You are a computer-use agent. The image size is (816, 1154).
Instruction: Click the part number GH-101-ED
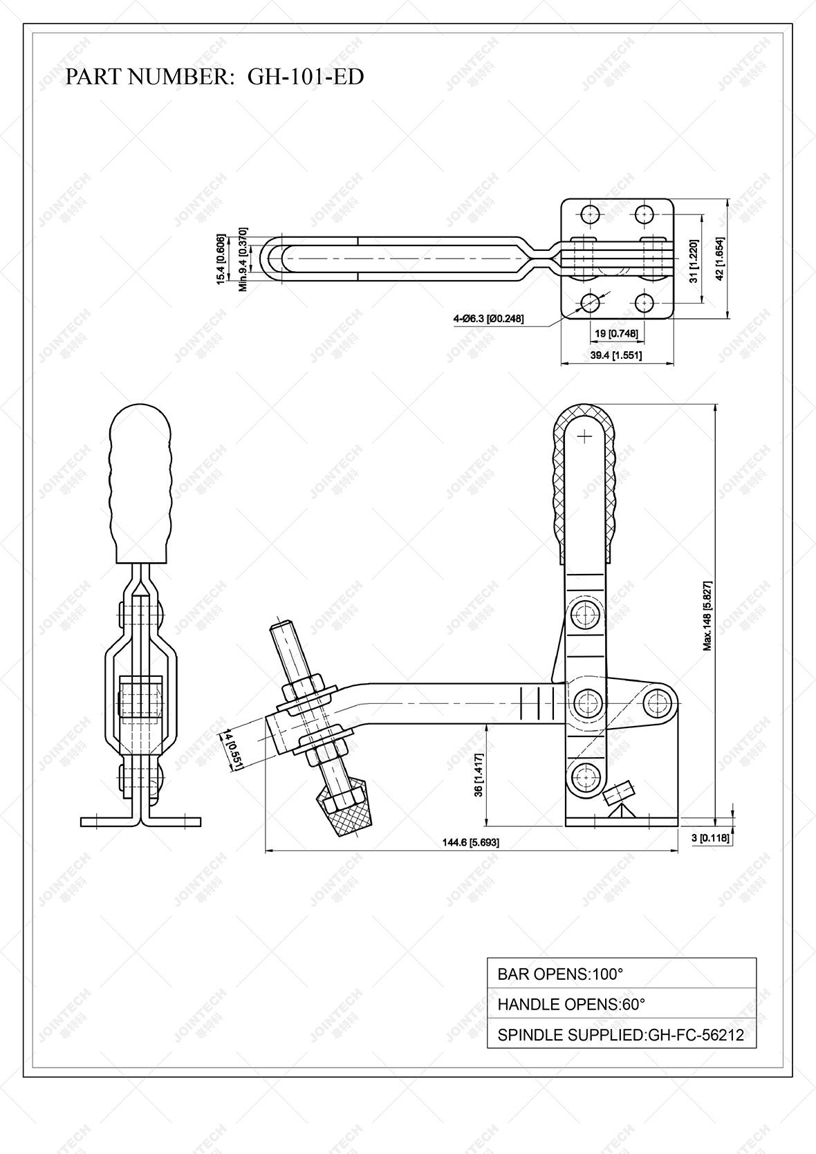[x=306, y=77]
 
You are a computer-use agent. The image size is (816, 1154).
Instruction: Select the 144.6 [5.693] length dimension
[x=470, y=842]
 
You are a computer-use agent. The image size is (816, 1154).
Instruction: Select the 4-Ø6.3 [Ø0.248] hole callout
[x=488, y=319]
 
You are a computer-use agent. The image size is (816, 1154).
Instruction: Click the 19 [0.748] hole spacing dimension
[x=615, y=334]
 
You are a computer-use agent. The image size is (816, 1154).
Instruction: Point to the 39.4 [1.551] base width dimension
[x=615, y=355]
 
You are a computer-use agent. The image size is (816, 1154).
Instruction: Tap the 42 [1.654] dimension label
[x=720, y=259]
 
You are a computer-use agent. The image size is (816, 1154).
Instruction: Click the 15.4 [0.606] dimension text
[x=220, y=259]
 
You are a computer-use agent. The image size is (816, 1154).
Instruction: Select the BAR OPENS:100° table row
[x=621, y=974]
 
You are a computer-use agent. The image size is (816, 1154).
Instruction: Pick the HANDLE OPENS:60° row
[x=621, y=1004]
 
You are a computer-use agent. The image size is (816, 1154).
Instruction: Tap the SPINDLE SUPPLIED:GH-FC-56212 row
[x=621, y=1035]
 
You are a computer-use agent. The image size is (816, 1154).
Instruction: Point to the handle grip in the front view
[x=140, y=484]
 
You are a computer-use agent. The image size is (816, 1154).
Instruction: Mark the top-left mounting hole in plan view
[x=589, y=214]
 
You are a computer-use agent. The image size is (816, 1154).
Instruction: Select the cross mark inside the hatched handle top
[x=586, y=436]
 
